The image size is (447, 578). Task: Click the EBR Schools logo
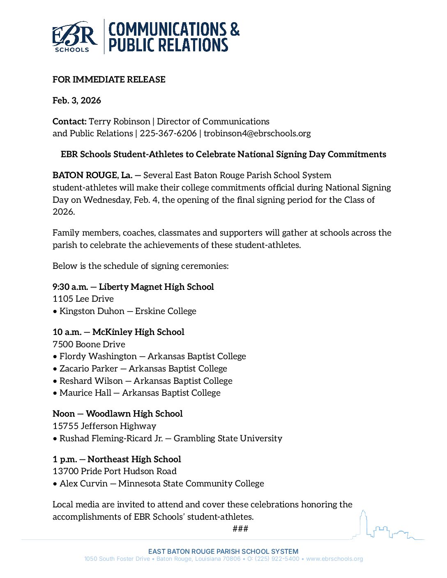74,37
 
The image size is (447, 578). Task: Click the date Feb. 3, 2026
77,101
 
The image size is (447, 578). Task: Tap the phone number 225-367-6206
168,133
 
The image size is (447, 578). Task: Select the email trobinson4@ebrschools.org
257,133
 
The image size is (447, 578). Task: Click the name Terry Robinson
120,122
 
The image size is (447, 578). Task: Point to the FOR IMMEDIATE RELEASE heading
109,80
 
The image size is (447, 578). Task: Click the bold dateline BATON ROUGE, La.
92,175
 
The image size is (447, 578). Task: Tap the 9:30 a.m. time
70,287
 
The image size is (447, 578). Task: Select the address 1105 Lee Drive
83,299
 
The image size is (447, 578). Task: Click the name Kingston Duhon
92,311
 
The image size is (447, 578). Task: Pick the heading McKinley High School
138,332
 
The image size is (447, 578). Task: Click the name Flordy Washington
98,356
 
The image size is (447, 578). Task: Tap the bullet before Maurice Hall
55,393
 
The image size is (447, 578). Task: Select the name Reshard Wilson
91,381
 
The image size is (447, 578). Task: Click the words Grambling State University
228,438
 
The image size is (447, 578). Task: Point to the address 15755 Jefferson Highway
104,426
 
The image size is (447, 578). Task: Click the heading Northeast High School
134,459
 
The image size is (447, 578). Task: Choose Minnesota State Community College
191,484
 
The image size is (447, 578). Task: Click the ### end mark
240,529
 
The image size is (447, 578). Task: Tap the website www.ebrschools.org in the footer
334,559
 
